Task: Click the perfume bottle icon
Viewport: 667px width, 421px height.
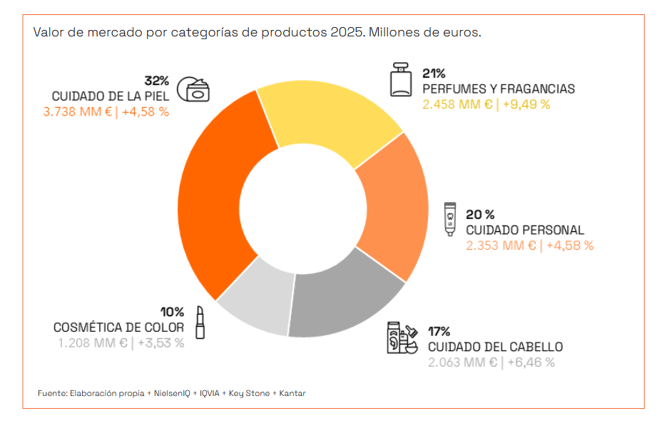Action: (x=401, y=79)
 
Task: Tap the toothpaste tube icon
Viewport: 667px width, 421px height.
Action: (x=449, y=218)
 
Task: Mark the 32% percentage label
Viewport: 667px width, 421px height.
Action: (x=156, y=80)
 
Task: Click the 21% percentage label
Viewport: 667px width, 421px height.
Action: (x=434, y=73)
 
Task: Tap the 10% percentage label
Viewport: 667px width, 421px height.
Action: (x=172, y=312)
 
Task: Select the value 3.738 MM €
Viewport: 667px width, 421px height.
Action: (x=77, y=112)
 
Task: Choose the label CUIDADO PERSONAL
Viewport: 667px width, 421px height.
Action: (x=524, y=230)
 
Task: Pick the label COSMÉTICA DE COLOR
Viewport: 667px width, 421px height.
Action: (x=118, y=328)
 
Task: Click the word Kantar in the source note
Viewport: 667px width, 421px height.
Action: (x=292, y=393)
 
